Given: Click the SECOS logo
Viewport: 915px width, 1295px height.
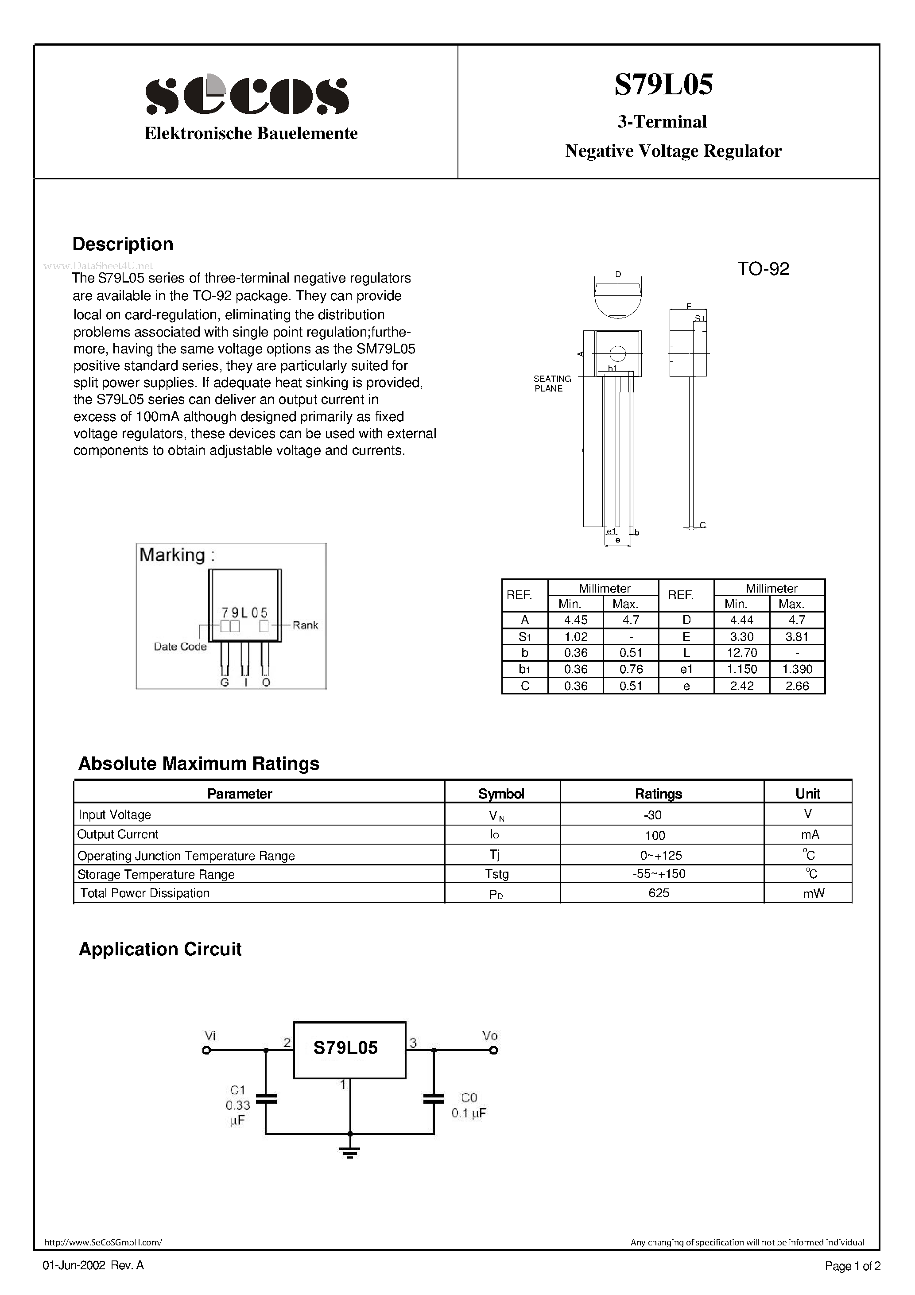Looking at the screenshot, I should tap(247, 95).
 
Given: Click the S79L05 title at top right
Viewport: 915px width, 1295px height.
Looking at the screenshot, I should tap(663, 85).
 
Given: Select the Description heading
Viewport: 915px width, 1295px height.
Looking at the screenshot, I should tap(123, 244).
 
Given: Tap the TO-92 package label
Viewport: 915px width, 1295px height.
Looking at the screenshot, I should tap(763, 269).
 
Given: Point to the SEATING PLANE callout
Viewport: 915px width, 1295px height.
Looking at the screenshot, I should tap(552, 384).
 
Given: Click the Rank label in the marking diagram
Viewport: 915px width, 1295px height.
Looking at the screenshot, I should tap(305, 625).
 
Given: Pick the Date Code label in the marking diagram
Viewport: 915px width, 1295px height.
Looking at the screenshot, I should tap(180, 646).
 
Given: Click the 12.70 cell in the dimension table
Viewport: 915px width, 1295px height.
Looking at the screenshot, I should tap(741, 652).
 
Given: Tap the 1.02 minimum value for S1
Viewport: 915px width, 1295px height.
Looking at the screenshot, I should tap(575, 636).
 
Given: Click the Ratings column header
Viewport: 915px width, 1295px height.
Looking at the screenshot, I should tap(658, 794).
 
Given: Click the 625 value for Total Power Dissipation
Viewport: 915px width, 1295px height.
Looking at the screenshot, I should tap(658, 893).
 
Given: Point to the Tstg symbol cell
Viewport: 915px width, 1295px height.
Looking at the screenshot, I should tap(496, 874).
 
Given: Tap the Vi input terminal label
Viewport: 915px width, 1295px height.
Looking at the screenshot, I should tap(210, 1035).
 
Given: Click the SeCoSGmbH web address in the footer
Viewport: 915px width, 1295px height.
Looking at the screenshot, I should tap(103, 1242).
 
